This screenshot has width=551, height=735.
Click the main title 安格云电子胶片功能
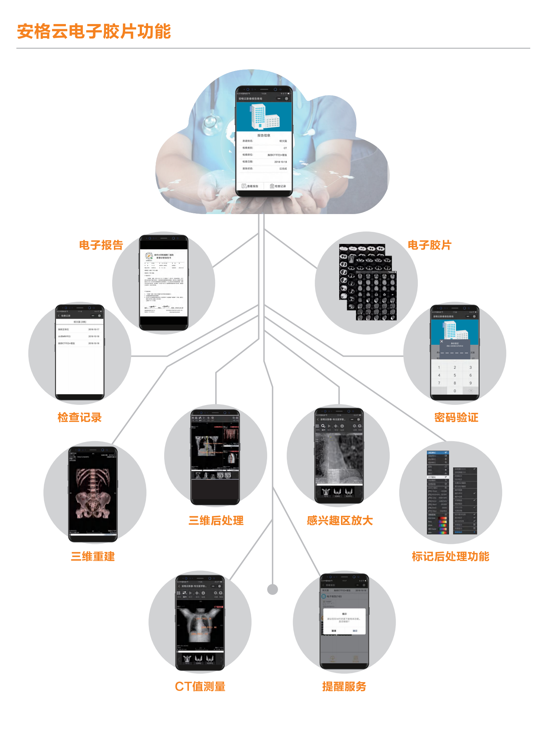tap(94, 31)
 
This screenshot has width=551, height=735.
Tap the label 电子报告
tap(101, 245)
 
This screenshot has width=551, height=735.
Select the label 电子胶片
tap(429, 245)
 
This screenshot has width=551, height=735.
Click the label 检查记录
tap(79, 417)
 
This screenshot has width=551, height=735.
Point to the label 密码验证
tap(456, 417)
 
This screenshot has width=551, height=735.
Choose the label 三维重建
tap(93, 556)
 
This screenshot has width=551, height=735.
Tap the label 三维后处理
tap(216, 520)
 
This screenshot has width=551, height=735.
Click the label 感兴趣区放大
tap(340, 520)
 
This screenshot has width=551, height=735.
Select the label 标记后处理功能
tap(450, 556)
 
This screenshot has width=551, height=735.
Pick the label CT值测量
tap(200, 686)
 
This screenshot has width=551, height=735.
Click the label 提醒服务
tap(344, 686)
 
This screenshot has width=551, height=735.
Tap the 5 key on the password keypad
tap(455, 375)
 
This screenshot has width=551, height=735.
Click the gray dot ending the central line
tap(272, 589)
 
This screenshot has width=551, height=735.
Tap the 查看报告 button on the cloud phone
tap(250, 186)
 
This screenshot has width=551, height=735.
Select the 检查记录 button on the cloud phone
tap(278, 186)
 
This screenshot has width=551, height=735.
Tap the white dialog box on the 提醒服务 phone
tap(344, 621)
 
